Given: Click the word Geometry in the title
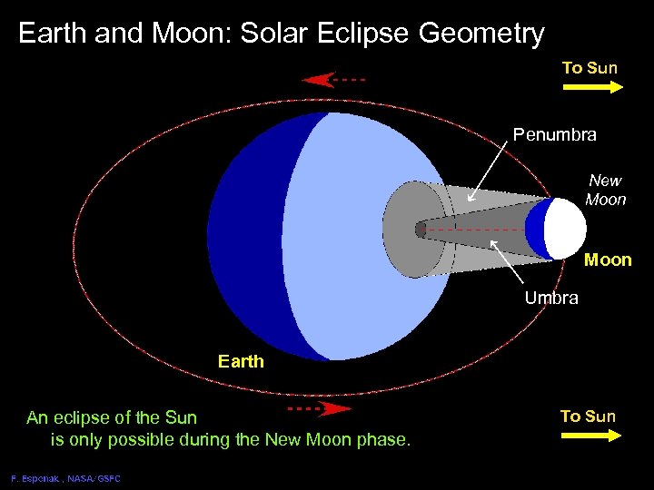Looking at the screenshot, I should point(481,34).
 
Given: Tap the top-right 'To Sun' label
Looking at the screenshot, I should point(590,68).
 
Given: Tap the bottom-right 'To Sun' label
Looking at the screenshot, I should point(588,416).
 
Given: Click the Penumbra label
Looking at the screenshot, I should point(554,135).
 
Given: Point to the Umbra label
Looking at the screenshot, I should point(551,299).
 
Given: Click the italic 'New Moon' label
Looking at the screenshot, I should point(605,190).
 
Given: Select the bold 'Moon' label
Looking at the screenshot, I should point(608,260).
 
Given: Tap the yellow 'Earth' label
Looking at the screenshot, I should point(241,361).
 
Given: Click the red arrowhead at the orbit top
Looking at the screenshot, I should point(318,80).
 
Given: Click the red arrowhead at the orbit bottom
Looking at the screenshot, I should point(335,409).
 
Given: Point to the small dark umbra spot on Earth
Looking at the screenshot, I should point(421,229).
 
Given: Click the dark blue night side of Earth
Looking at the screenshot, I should point(245,236).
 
